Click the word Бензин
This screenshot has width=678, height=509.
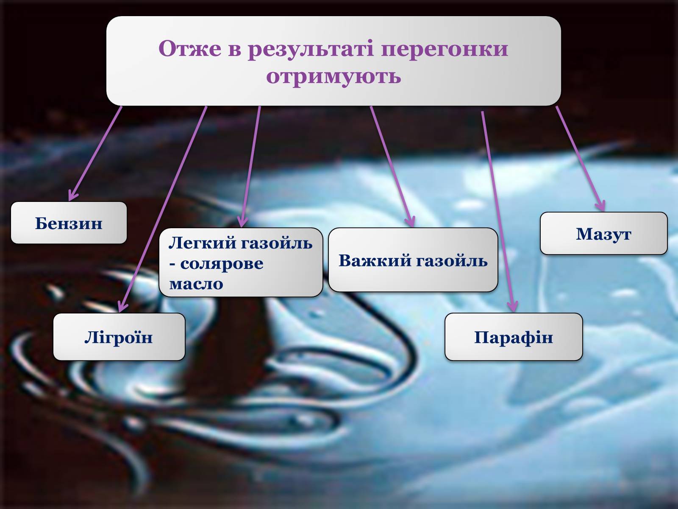click(69, 223)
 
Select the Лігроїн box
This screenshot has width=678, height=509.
click(119, 336)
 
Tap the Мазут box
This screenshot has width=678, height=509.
click(603, 233)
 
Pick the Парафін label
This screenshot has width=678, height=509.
click(513, 337)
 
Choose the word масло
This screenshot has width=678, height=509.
click(196, 284)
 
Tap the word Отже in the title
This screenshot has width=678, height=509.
click(190, 48)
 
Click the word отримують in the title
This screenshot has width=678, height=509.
click(333, 76)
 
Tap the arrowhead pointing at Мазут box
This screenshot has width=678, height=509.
click(600, 206)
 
